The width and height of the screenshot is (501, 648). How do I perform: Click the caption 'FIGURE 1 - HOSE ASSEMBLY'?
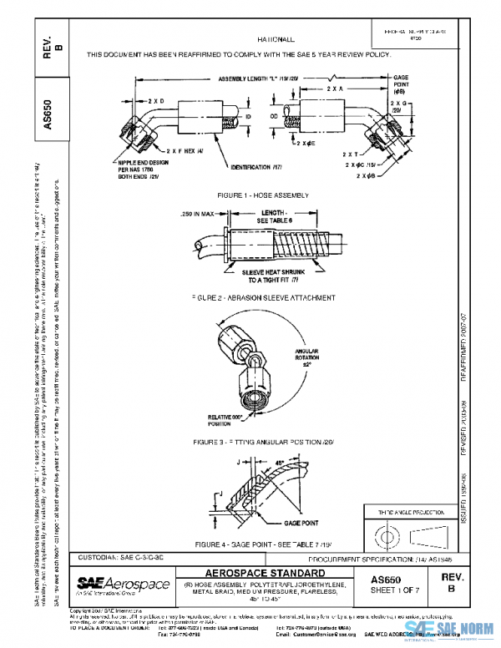[x=263, y=195]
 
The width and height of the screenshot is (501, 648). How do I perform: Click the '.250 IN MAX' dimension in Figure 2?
[x=197, y=214]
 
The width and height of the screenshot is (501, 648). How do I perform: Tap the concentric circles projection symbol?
[x=386, y=532]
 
